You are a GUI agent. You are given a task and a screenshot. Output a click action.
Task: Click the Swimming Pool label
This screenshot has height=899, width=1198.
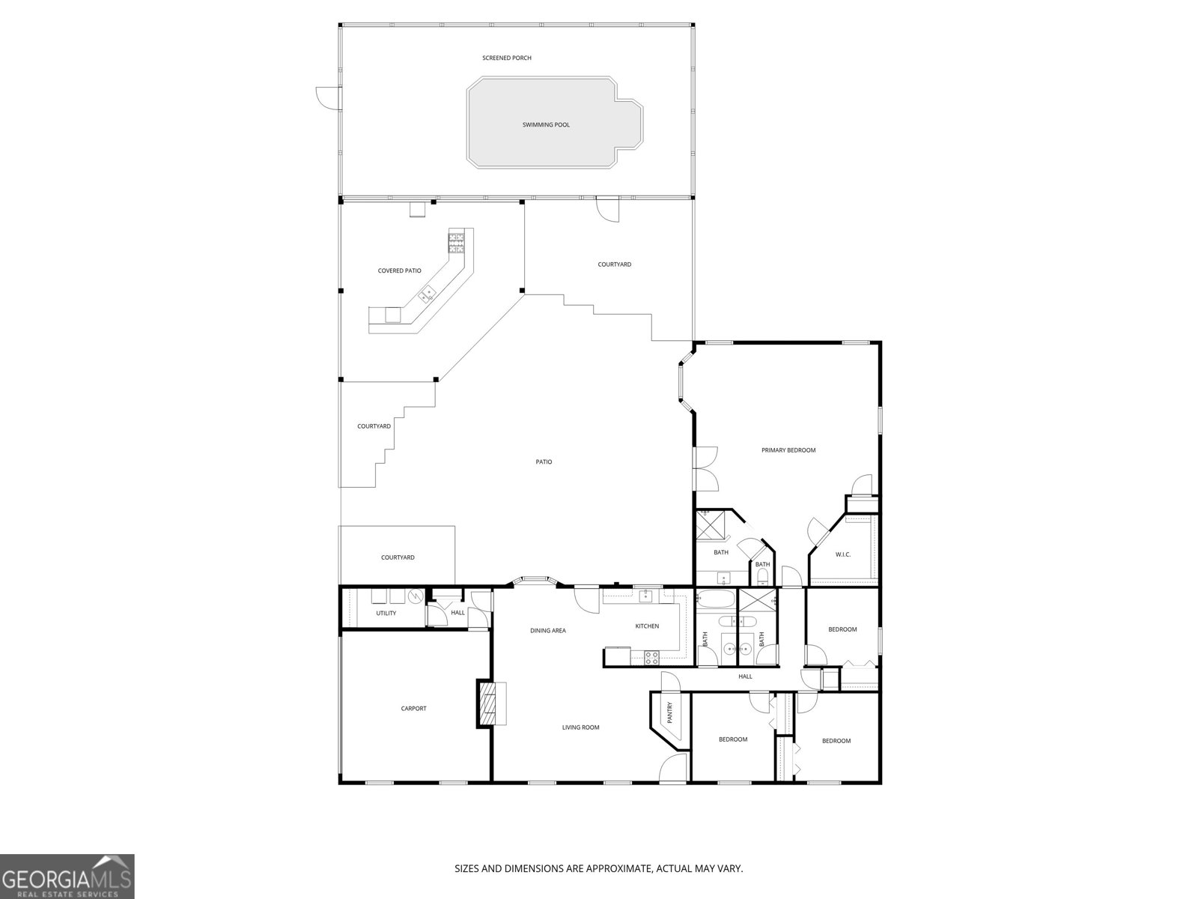(x=546, y=125)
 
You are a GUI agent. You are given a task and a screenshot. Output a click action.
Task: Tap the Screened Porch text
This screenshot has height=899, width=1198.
(x=507, y=58)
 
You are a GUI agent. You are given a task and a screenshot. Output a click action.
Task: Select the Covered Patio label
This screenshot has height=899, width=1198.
(x=399, y=270)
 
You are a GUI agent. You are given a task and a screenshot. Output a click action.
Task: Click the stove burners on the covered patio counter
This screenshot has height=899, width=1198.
(x=456, y=240)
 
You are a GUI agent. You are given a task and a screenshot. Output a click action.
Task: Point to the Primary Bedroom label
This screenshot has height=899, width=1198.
(x=788, y=450)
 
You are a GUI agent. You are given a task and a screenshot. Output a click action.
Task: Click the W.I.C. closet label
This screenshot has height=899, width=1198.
(x=843, y=554)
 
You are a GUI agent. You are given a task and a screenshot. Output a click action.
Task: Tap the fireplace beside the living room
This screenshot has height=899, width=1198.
(x=487, y=703)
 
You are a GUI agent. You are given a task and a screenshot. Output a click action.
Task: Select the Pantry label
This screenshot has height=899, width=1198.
(x=669, y=712)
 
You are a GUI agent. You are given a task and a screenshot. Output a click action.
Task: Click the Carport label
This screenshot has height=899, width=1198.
(x=413, y=708)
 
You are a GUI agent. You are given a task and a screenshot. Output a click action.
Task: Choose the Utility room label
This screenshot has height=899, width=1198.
(x=386, y=613)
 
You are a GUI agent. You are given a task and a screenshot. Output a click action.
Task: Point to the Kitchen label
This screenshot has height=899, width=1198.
(x=647, y=626)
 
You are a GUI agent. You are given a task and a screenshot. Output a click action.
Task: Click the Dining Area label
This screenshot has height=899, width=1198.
(x=548, y=631)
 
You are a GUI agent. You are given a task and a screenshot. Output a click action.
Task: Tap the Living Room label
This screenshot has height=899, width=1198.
(x=581, y=727)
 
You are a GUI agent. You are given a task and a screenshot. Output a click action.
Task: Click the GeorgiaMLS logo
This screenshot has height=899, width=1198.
(x=67, y=876)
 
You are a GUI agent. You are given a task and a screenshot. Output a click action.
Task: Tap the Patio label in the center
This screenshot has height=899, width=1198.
(x=544, y=462)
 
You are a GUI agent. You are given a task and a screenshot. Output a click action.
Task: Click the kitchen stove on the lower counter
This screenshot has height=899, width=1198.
(x=651, y=657)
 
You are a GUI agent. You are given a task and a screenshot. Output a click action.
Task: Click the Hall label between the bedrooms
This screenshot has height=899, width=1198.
(x=745, y=676)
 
